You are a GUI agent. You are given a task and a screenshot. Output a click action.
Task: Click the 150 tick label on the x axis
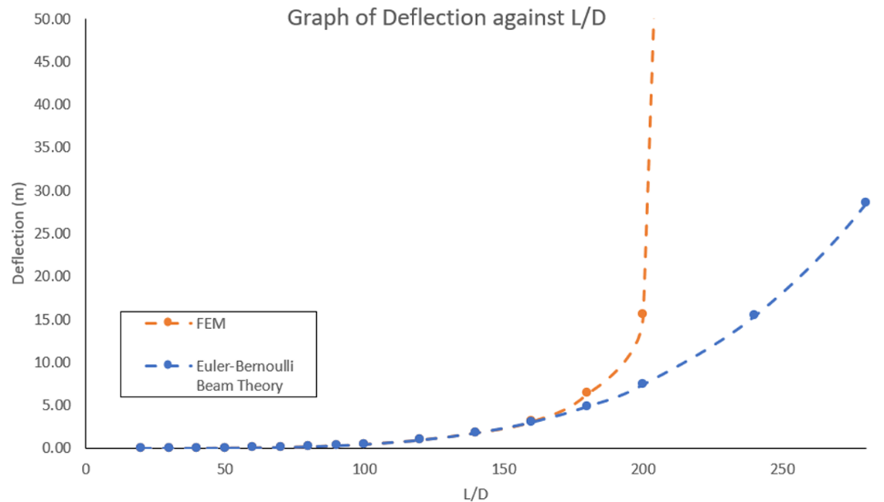pyautogui.click(x=503, y=469)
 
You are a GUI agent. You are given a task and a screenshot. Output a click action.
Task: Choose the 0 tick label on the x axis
pyautogui.click(x=86, y=469)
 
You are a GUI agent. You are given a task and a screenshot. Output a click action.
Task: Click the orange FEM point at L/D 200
pyautogui.click(x=642, y=313)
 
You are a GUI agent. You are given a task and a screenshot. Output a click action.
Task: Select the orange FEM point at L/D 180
pyautogui.click(x=586, y=392)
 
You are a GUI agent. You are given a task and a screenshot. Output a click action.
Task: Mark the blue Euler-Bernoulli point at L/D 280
pyautogui.click(x=865, y=202)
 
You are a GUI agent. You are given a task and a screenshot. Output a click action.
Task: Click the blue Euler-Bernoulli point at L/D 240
pyautogui.click(x=754, y=314)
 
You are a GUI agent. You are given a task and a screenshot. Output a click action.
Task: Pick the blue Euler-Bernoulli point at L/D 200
pyautogui.click(x=642, y=384)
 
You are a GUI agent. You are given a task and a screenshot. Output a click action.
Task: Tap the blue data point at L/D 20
pyautogui.click(x=140, y=447)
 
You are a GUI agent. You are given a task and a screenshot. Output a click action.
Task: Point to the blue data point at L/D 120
pyautogui.click(x=419, y=439)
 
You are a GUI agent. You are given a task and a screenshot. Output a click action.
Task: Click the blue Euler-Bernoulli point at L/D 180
pyautogui.click(x=586, y=405)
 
